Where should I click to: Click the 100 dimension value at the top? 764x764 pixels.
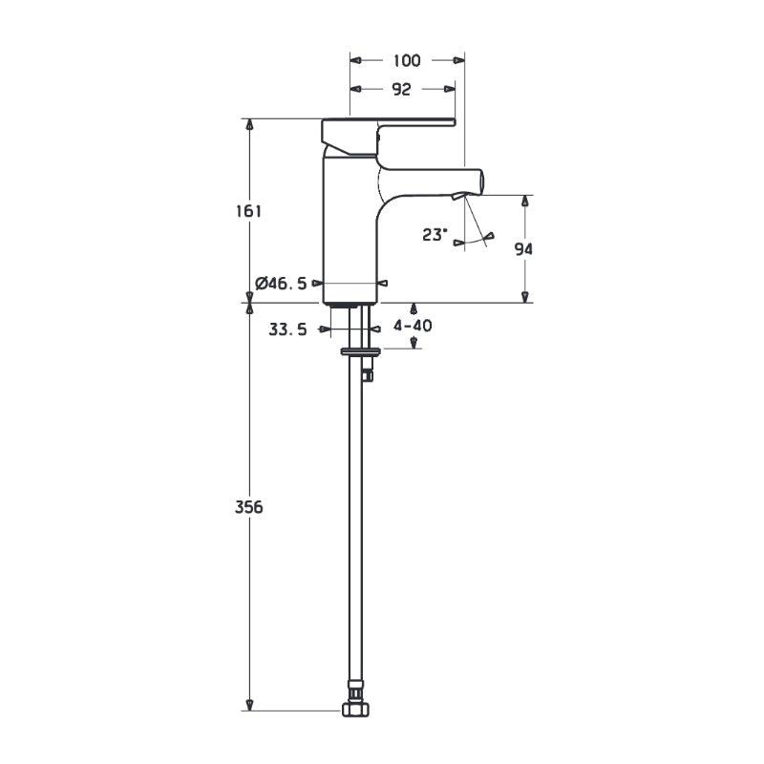pos(407,60)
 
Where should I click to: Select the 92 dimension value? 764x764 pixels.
pos(401,89)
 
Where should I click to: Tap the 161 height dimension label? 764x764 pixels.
pos(248,211)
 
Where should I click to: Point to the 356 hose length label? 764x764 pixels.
pos(248,506)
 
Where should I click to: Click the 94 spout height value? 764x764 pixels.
pos(523,248)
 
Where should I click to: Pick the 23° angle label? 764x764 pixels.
pos(435,233)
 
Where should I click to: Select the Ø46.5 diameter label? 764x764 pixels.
pos(282,283)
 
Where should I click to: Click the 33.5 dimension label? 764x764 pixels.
pos(287,329)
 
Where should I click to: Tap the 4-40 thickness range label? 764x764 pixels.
pos(413,326)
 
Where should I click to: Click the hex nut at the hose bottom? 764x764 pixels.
pos(354,710)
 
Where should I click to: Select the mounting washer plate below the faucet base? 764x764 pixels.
pos(360,351)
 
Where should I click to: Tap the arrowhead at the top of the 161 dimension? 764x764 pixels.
pos(250,124)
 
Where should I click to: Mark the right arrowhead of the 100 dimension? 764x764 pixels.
pos(459,60)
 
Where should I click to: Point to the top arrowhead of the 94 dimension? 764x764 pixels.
pos(524,201)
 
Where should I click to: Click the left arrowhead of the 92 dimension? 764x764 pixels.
pos(355,89)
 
